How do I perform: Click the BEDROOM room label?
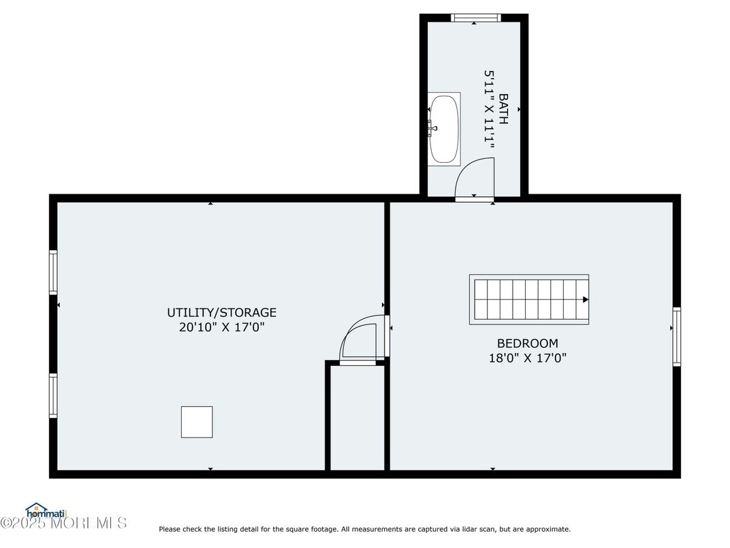coord(528,344)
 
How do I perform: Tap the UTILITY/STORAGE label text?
coord(221,312)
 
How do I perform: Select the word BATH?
coord(503,109)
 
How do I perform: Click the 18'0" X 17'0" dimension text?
coord(528,358)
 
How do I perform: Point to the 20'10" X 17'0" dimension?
coord(221,327)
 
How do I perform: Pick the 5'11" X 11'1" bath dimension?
coord(488,110)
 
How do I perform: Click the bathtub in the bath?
coord(444,129)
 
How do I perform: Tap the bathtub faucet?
coord(432,127)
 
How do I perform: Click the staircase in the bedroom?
coord(529,300)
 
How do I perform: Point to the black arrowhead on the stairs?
coord(586,300)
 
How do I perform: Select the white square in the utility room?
coord(197,422)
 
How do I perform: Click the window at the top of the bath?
coord(476,18)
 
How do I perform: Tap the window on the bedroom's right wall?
coord(676,337)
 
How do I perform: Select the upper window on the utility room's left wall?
coord(53,273)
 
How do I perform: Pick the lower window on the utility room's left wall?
coord(53,395)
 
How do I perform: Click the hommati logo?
coord(46,511)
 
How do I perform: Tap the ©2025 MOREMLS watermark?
coord(63,523)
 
